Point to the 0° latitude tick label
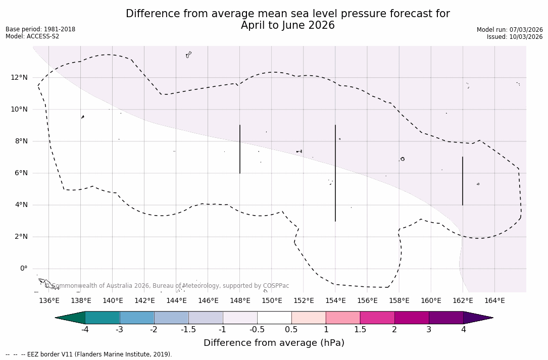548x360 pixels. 23,269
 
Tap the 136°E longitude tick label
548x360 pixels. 49,301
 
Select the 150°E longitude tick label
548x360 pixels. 272,301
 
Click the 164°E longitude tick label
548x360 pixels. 494,301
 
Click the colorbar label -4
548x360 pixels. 85,330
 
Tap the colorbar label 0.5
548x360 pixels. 291,330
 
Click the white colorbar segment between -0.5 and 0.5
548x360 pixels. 274,318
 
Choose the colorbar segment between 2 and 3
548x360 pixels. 412,318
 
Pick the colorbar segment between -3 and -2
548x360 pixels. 137,318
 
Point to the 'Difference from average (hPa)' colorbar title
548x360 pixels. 274,343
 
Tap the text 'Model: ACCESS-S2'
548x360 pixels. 32,36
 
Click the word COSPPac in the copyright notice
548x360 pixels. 276,286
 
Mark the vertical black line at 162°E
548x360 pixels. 463,181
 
